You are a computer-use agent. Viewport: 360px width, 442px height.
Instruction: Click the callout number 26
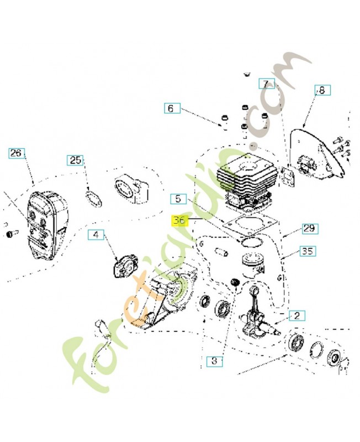click(x=17, y=153)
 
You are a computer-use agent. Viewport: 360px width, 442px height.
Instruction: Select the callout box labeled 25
click(x=76, y=160)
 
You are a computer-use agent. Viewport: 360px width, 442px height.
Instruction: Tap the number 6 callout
click(x=171, y=109)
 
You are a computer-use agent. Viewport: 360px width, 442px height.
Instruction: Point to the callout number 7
click(x=267, y=84)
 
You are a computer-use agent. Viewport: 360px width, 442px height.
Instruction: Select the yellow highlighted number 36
click(x=179, y=221)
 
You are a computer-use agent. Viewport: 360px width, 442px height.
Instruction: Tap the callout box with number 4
click(x=96, y=235)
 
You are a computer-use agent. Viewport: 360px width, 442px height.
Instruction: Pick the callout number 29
click(x=309, y=228)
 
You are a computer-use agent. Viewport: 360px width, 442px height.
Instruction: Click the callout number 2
click(x=297, y=316)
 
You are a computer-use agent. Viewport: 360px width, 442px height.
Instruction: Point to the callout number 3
click(x=215, y=361)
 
